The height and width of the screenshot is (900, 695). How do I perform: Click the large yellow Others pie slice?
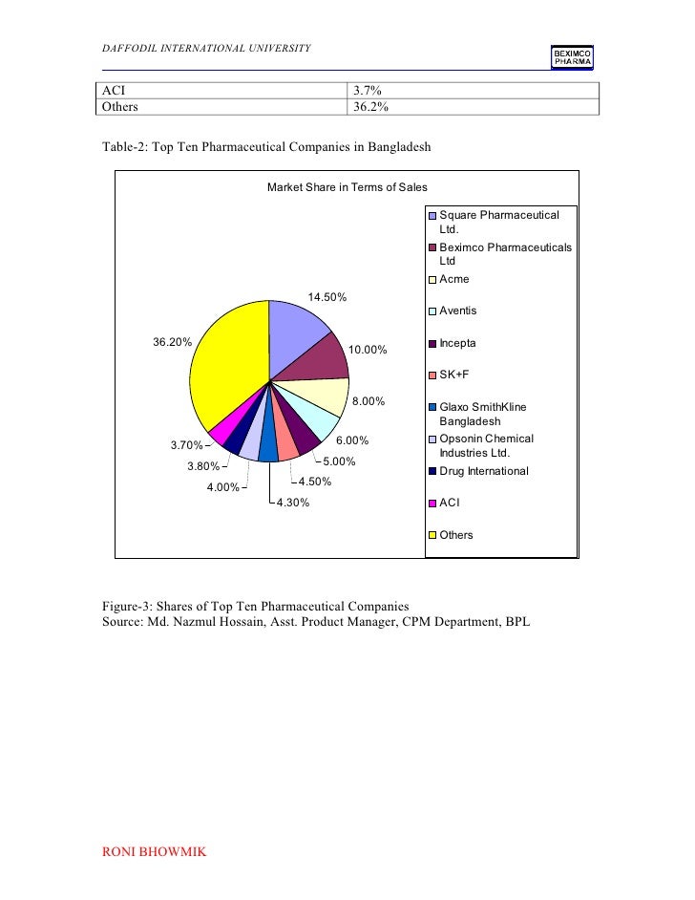click(224, 368)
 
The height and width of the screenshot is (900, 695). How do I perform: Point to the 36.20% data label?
click(173, 341)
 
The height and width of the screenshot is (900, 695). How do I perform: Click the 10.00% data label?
click(368, 351)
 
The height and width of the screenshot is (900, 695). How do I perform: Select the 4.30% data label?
click(292, 504)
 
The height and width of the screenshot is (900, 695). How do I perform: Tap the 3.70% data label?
click(187, 445)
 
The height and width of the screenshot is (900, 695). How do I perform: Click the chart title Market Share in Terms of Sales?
click(347, 187)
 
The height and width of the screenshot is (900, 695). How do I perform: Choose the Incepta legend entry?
click(457, 343)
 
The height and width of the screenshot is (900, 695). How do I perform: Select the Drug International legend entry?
click(483, 471)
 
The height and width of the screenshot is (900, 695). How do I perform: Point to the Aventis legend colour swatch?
click(432, 311)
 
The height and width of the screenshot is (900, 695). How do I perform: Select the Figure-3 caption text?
click(255, 607)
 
